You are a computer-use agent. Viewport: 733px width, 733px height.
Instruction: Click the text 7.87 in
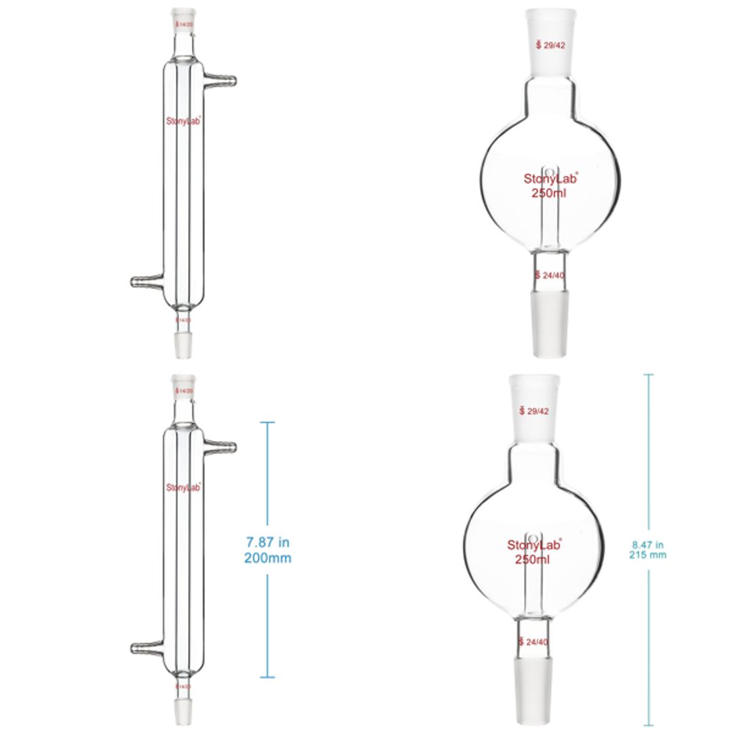coord(267,542)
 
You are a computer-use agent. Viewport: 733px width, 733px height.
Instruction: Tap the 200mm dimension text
coord(267,558)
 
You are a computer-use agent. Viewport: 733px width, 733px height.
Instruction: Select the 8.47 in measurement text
coord(648,544)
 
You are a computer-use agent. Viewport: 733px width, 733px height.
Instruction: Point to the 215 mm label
coord(648,555)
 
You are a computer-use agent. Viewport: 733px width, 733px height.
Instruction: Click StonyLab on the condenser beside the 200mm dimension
coord(183,487)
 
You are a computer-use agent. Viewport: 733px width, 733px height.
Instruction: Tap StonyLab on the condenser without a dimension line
coord(183,121)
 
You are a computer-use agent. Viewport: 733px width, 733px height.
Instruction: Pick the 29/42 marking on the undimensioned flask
coord(554,45)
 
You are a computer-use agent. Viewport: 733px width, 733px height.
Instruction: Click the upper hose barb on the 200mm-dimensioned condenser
coord(222,447)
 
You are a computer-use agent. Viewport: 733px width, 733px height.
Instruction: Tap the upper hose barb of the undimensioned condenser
coord(222,81)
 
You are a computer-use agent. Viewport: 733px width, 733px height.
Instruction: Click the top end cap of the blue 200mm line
coord(267,423)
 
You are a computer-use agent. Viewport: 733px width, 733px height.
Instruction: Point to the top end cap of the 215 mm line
coord(648,375)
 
